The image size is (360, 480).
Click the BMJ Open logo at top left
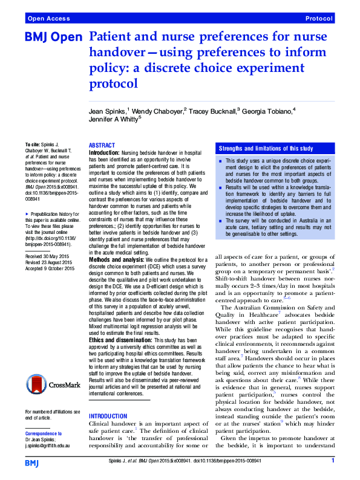click(x=53, y=37)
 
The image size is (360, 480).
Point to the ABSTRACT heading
click(x=102, y=146)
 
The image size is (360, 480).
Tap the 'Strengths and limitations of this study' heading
click(x=266, y=149)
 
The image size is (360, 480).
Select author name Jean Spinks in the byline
click(x=107, y=112)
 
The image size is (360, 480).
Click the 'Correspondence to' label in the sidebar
click(x=44, y=433)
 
